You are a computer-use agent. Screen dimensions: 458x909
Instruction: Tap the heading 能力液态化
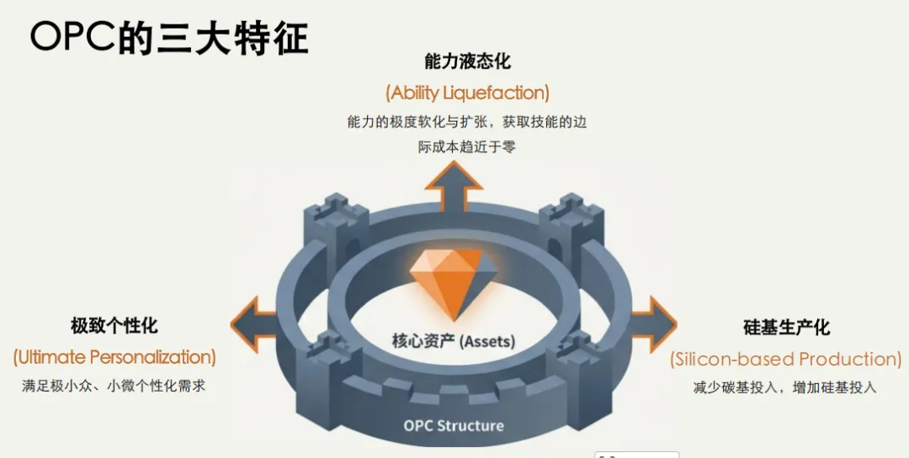click(x=467, y=61)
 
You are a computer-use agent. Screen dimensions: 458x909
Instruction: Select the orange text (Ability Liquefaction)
click(x=467, y=92)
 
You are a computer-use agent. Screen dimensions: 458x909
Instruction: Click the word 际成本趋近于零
click(x=467, y=147)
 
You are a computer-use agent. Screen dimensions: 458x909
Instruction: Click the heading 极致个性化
click(x=114, y=325)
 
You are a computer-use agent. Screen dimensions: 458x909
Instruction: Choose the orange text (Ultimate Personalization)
click(x=114, y=357)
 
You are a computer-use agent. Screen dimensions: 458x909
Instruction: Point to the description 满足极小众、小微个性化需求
click(x=114, y=387)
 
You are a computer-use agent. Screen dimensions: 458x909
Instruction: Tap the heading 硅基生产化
click(x=786, y=327)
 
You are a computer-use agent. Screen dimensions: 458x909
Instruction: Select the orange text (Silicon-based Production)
click(x=786, y=359)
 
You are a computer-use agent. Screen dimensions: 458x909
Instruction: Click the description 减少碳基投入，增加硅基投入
click(x=786, y=387)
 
